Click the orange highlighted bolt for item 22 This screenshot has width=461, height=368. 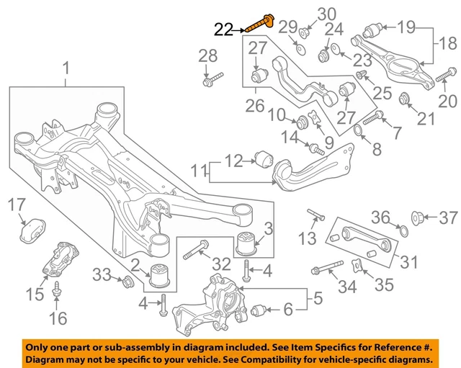[260, 23]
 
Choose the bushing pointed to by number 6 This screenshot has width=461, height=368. [261, 311]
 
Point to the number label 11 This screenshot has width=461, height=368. [196, 171]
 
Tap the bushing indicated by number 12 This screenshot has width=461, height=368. [262, 158]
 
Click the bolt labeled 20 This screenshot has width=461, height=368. [443, 72]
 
